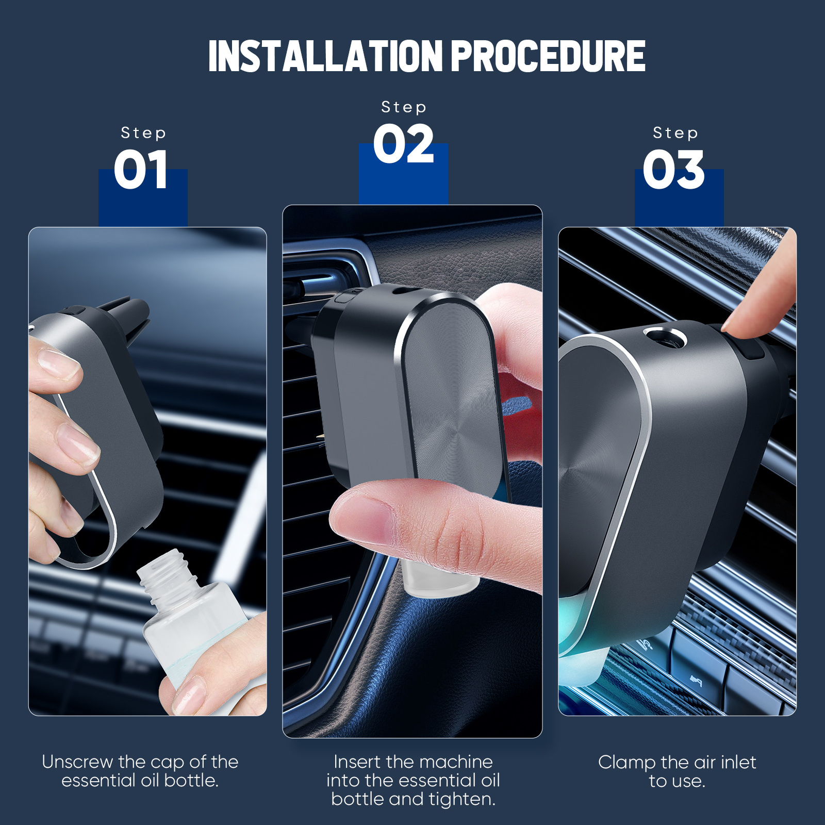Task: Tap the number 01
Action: (141, 170)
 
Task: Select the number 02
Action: (403, 144)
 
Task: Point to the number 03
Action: (673, 170)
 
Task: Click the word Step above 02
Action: (404, 107)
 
